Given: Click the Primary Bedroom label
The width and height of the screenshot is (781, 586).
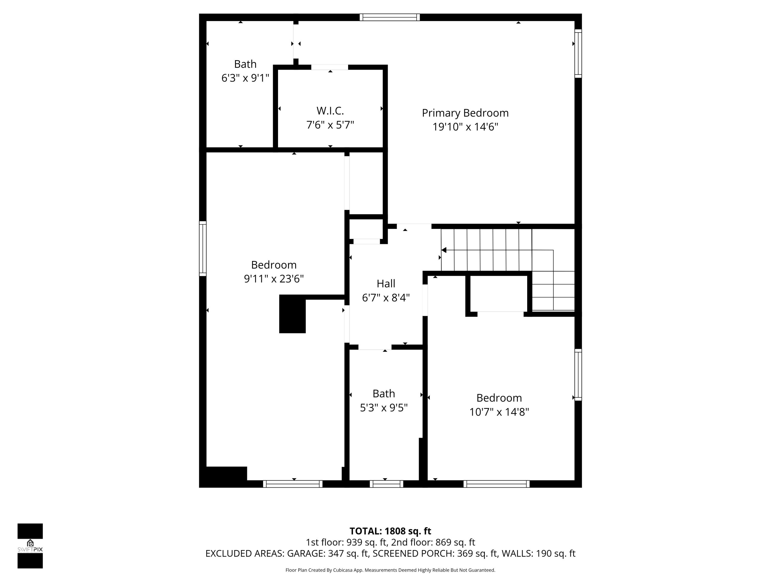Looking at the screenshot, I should pos(465,113).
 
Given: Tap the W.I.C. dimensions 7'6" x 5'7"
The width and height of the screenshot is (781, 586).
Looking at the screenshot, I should pos(330,125).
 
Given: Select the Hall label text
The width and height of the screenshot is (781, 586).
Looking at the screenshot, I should pos(386,284).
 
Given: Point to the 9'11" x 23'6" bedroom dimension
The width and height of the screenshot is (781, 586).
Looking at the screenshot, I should pos(274,279).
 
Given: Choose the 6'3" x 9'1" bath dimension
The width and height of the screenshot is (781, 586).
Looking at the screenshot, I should pos(245,78).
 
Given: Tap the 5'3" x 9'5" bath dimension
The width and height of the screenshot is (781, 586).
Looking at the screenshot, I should pos(383,408).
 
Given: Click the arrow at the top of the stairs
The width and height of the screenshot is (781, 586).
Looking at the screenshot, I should pos(444,250).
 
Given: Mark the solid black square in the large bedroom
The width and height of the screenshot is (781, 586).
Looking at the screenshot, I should pos(292,314).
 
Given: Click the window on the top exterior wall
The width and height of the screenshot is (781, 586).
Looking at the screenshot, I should pos(389,17).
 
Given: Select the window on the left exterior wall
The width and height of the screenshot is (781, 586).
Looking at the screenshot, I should pos(202,248).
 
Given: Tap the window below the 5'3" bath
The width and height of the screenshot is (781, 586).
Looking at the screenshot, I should pos(386,484).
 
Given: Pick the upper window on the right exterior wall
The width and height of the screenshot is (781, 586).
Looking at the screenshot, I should pos(578,53).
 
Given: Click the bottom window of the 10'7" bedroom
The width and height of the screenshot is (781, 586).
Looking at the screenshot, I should pos(496,484).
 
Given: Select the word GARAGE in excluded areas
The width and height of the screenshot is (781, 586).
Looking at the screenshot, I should pos(306,553).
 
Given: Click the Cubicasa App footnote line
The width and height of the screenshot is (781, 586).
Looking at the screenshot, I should pos(390,570).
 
